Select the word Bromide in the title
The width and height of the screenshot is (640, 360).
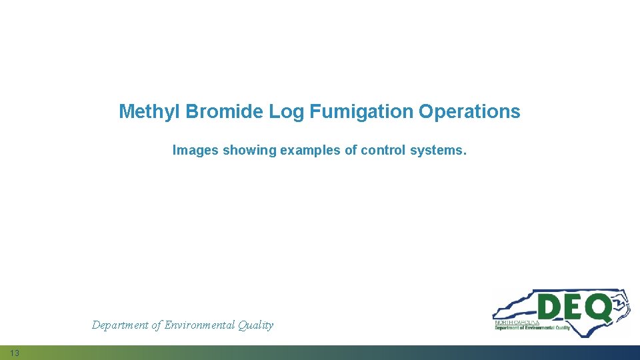pos(225,112)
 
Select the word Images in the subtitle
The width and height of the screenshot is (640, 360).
pos(195,151)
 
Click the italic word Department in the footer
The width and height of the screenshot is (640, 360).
pos(119,325)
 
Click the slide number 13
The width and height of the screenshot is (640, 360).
pos(15,353)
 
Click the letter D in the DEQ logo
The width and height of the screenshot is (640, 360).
pos(551,308)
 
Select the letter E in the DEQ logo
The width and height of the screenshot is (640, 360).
pos(575,308)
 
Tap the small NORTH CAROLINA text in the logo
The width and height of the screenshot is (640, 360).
pos(517,322)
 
